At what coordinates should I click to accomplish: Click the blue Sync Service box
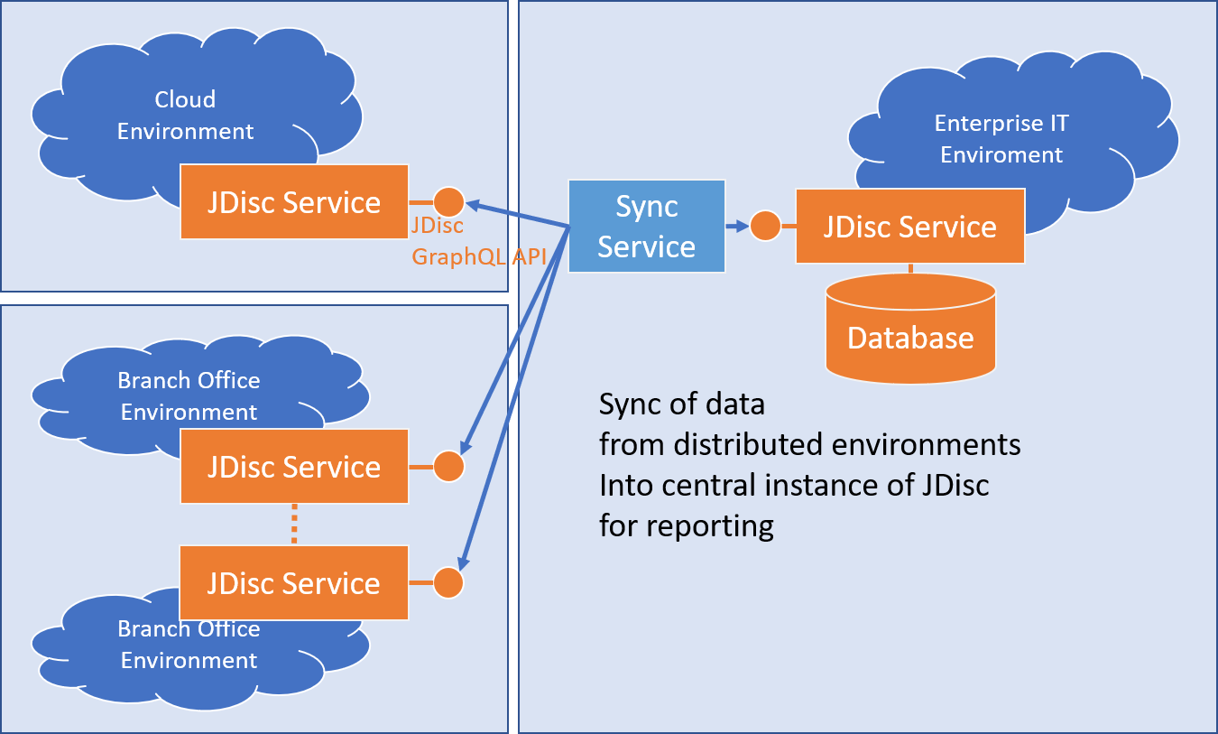tap(646, 226)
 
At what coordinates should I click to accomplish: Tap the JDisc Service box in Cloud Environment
tap(293, 202)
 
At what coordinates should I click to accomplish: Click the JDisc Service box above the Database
tap(909, 226)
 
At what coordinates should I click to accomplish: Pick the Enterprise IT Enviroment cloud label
tap(1001, 139)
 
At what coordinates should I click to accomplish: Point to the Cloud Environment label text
tap(186, 116)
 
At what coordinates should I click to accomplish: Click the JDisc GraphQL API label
tap(479, 241)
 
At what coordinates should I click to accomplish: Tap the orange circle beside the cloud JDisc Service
tap(448, 201)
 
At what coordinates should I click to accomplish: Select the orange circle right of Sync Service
tap(765, 226)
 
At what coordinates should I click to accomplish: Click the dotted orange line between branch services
tap(293, 525)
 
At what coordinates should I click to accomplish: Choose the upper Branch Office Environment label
tap(189, 396)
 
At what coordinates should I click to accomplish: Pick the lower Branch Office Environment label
tap(189, 645)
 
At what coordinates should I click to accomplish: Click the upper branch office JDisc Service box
tap(293, 467)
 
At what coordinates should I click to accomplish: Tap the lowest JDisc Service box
tap(293, 583)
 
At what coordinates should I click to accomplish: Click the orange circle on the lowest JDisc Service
tap(448, 582)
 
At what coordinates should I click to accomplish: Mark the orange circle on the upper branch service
tap(448, 467)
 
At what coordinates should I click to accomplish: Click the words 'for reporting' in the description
tap(687, 525)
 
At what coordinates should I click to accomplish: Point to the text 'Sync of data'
tap(682, 404)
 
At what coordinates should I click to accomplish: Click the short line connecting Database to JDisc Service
tap(910, 268)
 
